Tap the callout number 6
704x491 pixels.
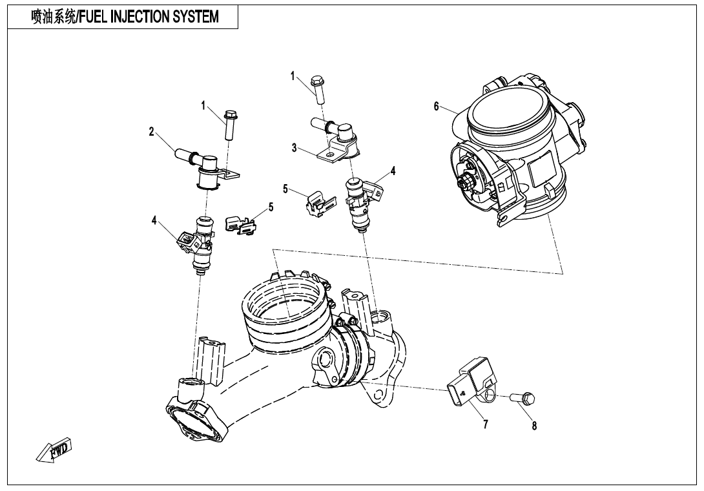click(437, 107)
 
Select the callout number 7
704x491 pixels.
click(485, 424)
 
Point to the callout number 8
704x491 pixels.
click(534, 426)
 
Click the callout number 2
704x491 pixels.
click(151, 132)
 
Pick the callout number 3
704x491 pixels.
click(294, 148)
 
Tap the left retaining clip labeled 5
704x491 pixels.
click(239, 224)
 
